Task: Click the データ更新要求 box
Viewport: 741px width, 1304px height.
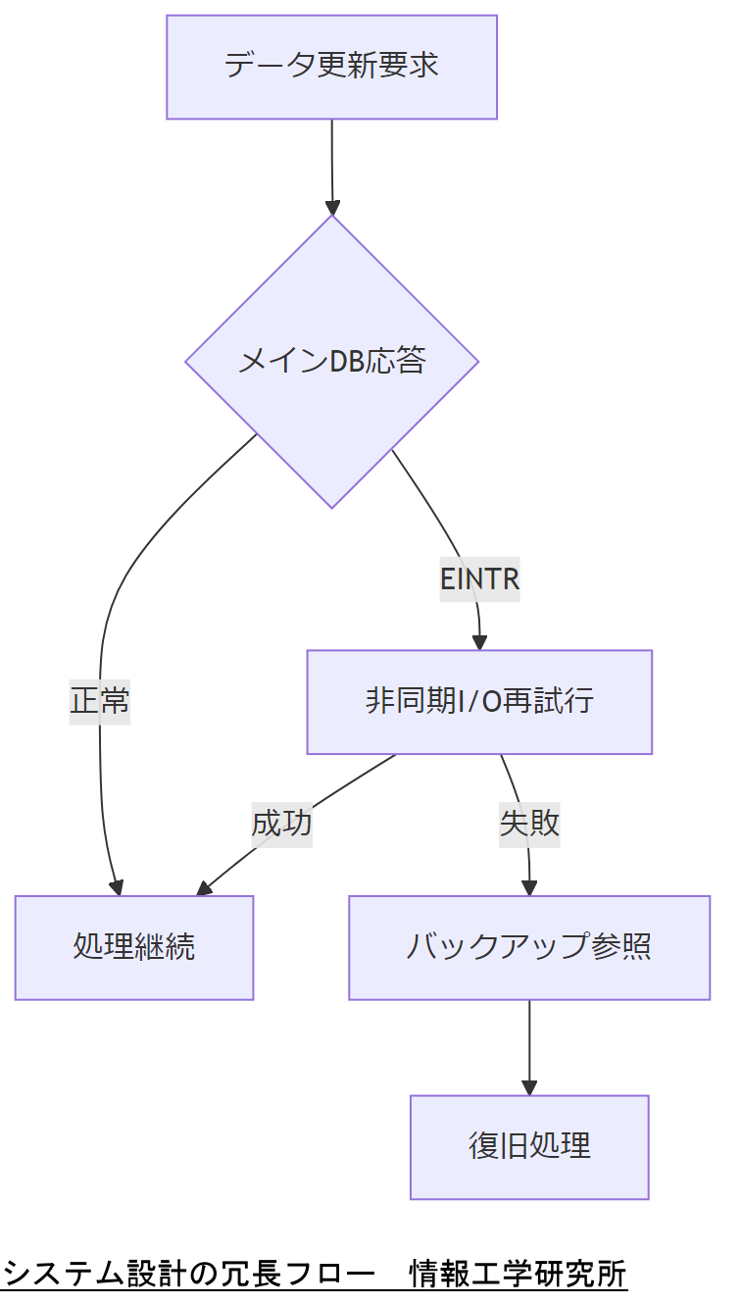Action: point(331,67)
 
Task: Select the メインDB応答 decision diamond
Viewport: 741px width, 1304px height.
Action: point(331,361)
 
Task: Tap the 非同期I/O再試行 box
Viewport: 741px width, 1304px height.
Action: point(479,702)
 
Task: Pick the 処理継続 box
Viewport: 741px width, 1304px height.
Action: point(134,947)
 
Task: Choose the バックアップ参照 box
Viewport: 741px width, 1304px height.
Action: point(529,947)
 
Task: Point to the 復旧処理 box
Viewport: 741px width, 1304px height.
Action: point(529,1146)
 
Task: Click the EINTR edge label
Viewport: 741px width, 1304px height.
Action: point(479,579)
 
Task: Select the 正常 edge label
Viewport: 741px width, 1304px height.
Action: point(100,702)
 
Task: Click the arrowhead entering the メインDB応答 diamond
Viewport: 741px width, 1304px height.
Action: point(332,208)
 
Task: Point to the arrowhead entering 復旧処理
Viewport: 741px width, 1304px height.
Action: point(529,1088)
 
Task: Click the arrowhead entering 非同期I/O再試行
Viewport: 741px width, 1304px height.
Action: point(479,643)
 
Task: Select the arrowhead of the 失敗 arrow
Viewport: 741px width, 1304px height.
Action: point(529,888)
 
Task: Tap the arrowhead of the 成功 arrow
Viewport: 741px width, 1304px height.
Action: point(204,889)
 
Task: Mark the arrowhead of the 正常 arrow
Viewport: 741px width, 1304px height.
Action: point(117,888)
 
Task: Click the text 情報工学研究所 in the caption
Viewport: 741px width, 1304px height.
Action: point(518,1274)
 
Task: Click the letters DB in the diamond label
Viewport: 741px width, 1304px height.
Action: point(345,362)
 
